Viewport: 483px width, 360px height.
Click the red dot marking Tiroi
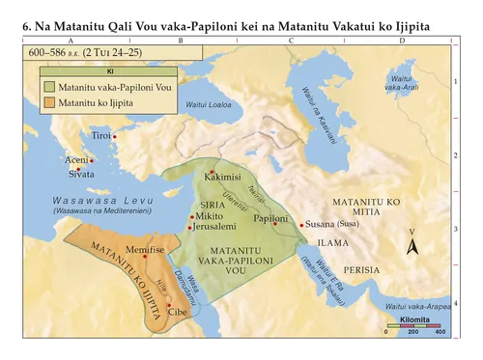(115, 137)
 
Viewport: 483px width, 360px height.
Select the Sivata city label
(81, 175)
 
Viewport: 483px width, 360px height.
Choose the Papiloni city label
(270, 219)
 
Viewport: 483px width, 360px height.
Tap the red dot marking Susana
(302, 225)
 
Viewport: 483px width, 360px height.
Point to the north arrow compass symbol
(412, 243)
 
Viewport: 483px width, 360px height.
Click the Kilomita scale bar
(412, 328)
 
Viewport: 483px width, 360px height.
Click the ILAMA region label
(332, 243)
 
